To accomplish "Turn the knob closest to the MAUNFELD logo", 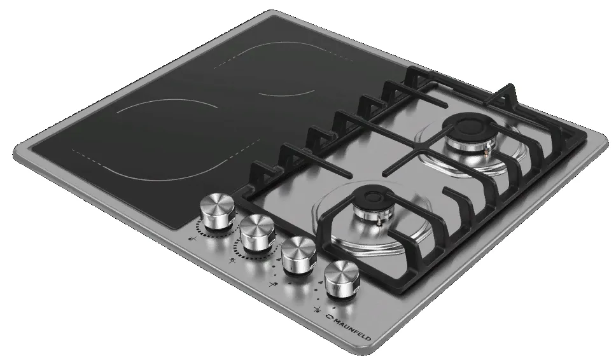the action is tap(342, 279).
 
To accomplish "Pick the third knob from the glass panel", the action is tap(298, 255).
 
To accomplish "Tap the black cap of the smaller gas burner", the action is tap(376, 197).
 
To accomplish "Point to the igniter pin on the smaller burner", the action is tap(379, 222).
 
